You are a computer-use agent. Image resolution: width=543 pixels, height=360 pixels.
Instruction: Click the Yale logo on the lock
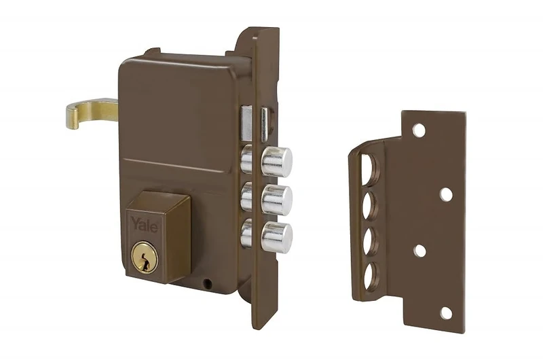pyautogui.click(x=144, y=223)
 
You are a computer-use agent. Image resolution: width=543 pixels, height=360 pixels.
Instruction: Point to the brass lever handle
pyautogui.click(x=91, y=112)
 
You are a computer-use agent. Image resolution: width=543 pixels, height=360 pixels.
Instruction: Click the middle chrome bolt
pyautogui.click(x=277, y=199)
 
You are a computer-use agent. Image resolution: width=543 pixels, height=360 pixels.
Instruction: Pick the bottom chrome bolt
pyautogui.click(x=277, y=236)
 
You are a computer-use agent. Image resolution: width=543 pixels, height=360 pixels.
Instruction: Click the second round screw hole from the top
pyautogui.click(x=445, y=194)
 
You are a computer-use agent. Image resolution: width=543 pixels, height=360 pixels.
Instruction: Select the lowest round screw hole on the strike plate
pyautogui.click(x=446, y=312)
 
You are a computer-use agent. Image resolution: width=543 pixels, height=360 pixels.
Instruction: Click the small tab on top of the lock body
pyautogui.click(x=153, y=52)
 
